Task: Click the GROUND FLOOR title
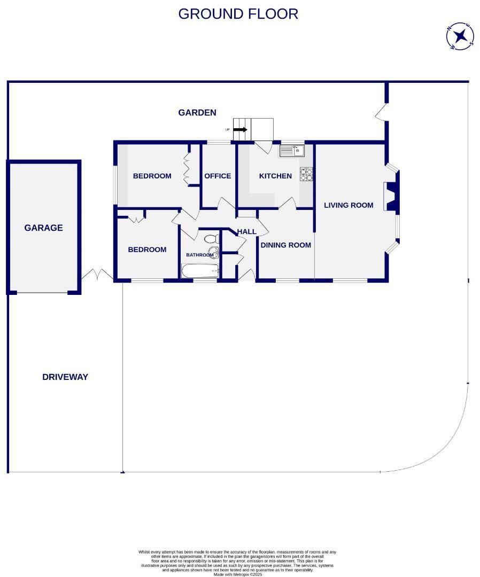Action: pos(238,14)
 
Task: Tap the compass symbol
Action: pos(460,36)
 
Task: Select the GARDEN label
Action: pos(197,113)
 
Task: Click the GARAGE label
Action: pos(43,228)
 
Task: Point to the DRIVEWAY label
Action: pos(65,377)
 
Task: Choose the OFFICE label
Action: pos(218,176)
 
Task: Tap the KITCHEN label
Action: pos(275,176)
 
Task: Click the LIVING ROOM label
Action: pos(349,205)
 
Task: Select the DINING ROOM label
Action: pos(285,245)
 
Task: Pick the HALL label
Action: pos(247,231)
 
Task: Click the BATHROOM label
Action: pos(199,255)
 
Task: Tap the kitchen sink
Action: pos(291,151)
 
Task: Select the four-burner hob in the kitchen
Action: pos(306,175)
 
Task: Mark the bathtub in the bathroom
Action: pos(200,271)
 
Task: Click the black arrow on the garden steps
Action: pos(240,129)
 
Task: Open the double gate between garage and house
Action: pos(97,275)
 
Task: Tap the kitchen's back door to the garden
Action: pos(263,147)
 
